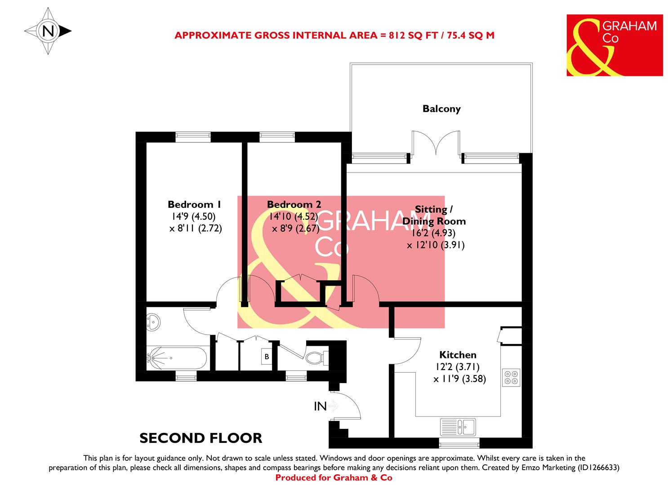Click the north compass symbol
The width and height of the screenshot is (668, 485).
pyautogui.click(x=47, y=31)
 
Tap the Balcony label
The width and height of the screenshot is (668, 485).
pyautogui.click(x=441, y=109)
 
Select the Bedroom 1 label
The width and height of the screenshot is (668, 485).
pyautogui.click(x=194, y=204)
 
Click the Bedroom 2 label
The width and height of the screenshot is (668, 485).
pyautogui.click(x=294, y=204)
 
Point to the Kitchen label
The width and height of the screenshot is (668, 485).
pyautogui.click(x=458, y=355)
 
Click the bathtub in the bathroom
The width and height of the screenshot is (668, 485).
pyautogui.click(x=177, y=358)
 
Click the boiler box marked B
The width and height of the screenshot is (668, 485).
pyautogui.click(x=267, y=357)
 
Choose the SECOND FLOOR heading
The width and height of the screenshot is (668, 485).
pyautogui.click(x=200, y=438)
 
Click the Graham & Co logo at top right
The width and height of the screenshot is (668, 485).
pyautogui.click(x=614, y=45)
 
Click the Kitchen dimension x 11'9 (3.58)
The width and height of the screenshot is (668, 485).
pyautogui.click(x=459, y=379)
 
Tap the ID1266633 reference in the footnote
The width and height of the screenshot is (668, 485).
pyautogui.click(x=595, y=467)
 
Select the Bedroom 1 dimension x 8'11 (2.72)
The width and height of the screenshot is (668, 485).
pyautogui.click(x=196, y=228)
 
